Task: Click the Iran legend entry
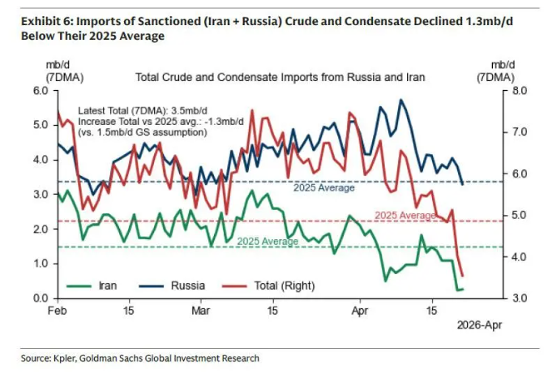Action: pyautogui.click(x=109, y=285)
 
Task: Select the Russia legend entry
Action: pyautogui.click(x=186, y=285)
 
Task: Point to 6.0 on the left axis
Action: pyautogui.click(x=41, y=90)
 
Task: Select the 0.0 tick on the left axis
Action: pyautogui.click(x=41, y=298)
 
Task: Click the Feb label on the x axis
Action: pyautogui.click(x=57, y=311)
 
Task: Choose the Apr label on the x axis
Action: pyautogui.click(x=360, y=311)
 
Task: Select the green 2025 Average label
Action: pyautogui.click(x=268, y=241)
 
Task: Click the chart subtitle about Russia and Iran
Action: pyautogui.click(x=280, y=78)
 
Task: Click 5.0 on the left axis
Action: pyautogui.click(x=41, y=125)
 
